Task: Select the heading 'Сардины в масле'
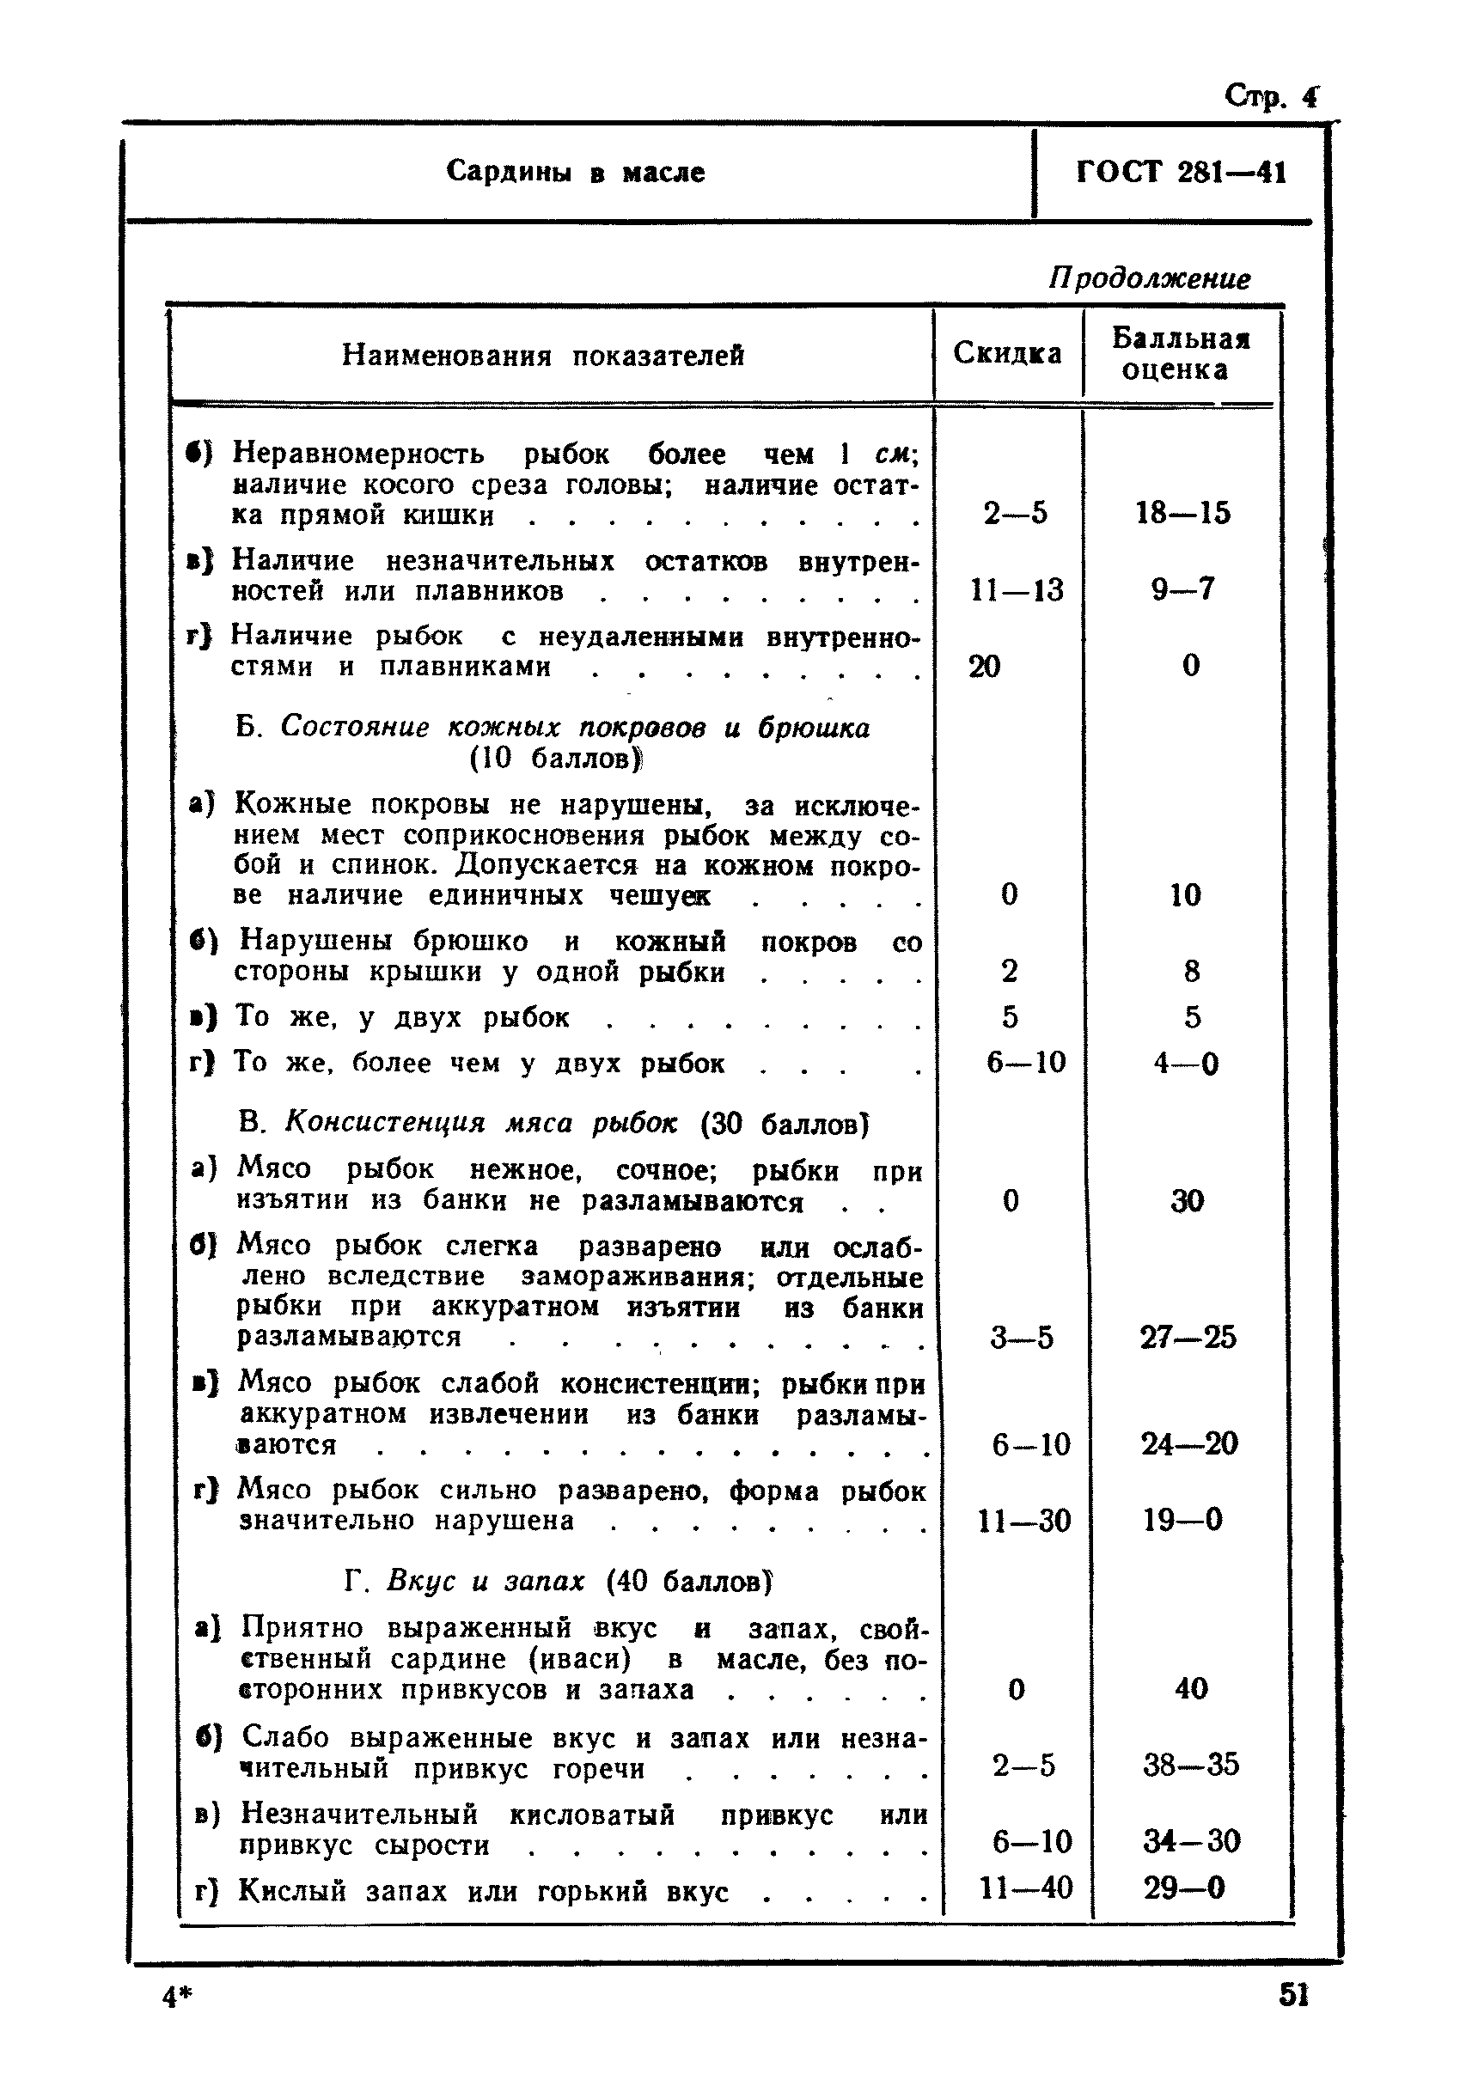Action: [x=575, y=172]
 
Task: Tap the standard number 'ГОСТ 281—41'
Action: [x=1181, y=172]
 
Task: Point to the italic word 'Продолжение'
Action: [x=1149, y=278]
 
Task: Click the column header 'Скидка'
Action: [x=1007, y=353]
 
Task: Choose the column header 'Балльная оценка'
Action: [x=1180, y=354]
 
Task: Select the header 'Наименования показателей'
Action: [x=543, y=356]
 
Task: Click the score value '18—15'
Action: [x=1183, y=513]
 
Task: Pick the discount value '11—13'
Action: [x=1016, y=590]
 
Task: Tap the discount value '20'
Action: [x=985, y=666]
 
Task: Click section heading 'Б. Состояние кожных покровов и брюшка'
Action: [x=552, y=727]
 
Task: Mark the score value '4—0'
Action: [x=1186, y=1062]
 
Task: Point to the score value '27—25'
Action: [x=1188, y=1338]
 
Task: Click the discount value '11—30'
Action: [x=1024, y=1521]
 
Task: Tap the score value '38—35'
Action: [x=1190, y=1765]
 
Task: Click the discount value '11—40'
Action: [x=1025, y=1888]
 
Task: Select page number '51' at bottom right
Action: [x=1293, y=1995]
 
